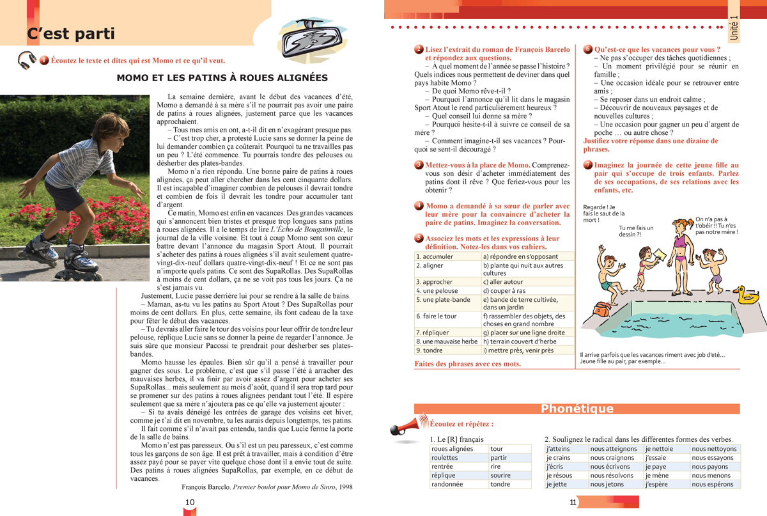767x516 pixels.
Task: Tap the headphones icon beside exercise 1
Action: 27,60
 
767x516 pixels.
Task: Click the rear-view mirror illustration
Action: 306,38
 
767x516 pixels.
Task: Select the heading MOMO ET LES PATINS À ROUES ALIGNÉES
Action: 222,78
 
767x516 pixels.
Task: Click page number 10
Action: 189,502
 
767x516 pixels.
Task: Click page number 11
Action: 573,502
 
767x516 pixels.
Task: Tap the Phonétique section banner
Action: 577,409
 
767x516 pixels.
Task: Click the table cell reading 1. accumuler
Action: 447,256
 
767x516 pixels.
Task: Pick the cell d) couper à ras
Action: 527,291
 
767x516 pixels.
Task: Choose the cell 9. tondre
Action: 447,350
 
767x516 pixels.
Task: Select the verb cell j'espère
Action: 667,485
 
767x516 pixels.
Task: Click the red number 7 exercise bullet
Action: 588,165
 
